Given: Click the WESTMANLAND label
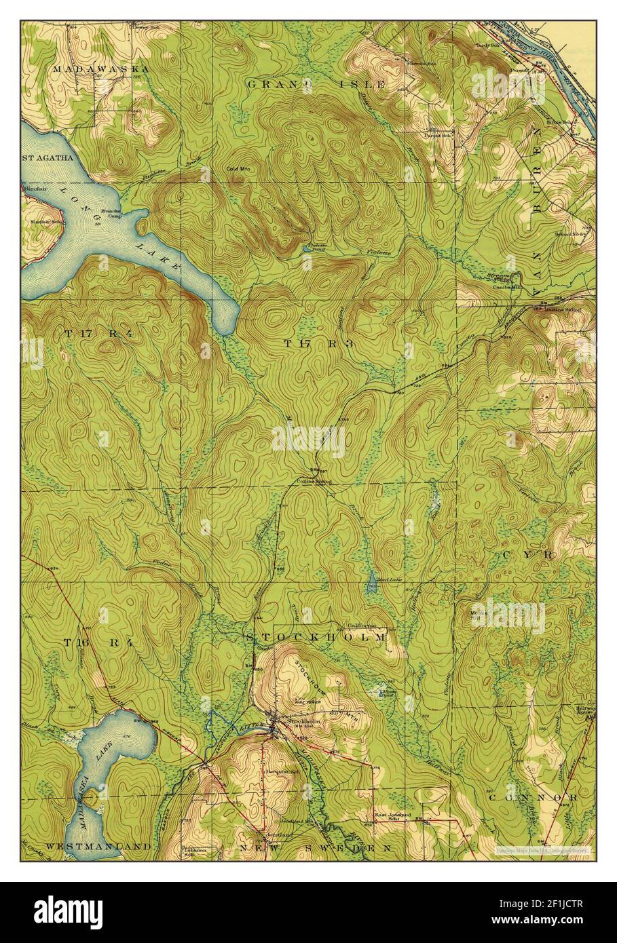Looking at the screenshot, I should [x=98, y=847].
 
